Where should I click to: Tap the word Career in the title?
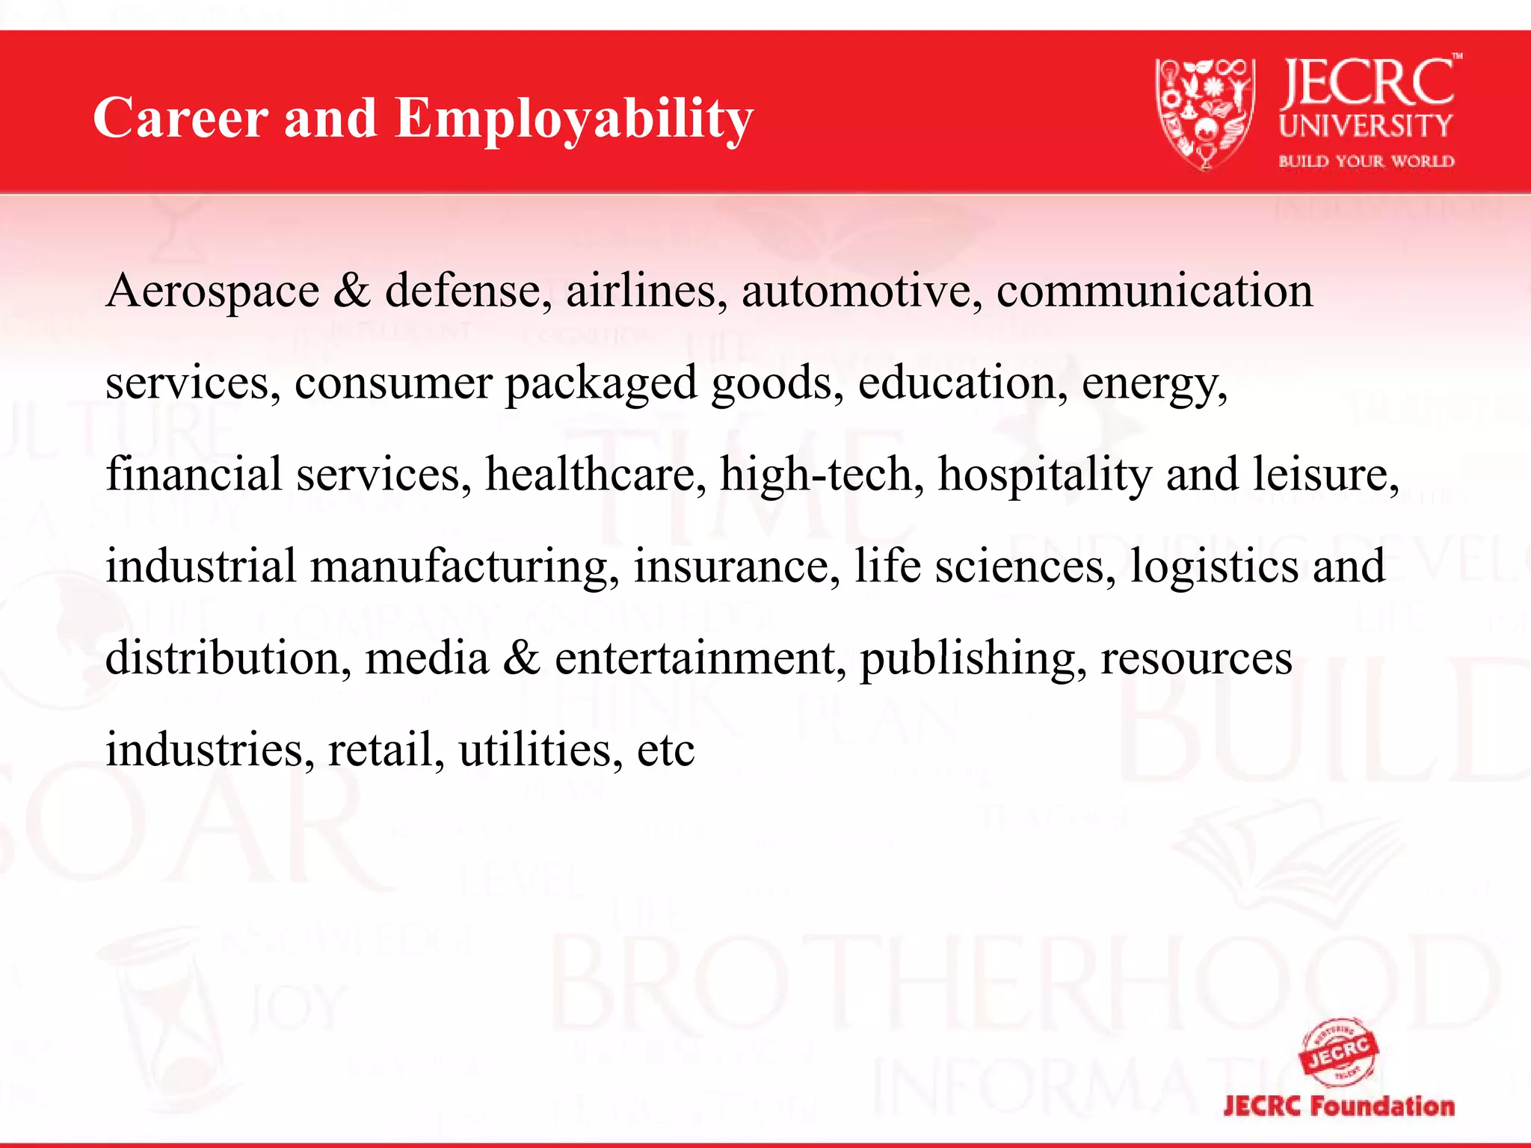pyautogui.click(x=180, y=118)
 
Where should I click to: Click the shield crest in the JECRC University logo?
pyautogui.click(x=1204, y=112)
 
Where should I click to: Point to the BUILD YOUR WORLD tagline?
pyautogui.click(x=1366, y=161)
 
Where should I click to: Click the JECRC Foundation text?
pyautogui.click(x=1339, y=1106)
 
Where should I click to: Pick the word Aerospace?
pyautogui.click(x=213, y=291)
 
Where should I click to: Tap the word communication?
pyautogui.click(x=1154, y=291)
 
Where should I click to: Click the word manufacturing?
pyautogui.click(x=464, y=567)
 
